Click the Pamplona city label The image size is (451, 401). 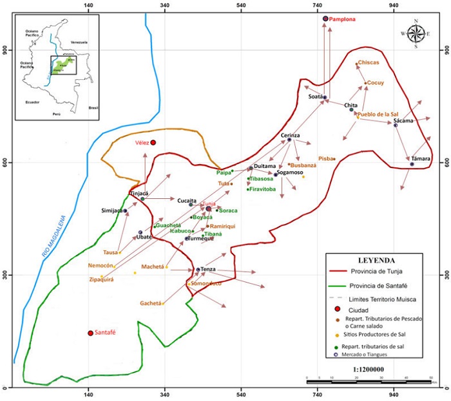click(342, 20)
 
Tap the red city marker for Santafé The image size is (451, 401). click(90, 333)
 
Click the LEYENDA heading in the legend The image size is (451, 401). click(376, 261)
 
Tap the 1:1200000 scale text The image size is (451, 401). click(369, 369)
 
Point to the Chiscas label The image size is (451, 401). click(368, 62)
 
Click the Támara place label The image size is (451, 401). click(418, 158)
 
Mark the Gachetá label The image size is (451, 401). click(150, 303)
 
